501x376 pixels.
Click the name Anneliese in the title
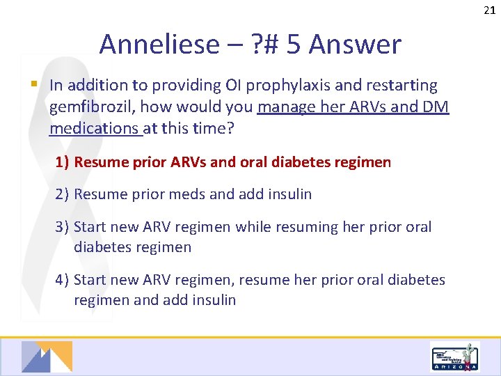pos(159,45)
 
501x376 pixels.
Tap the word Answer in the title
pos(355,45)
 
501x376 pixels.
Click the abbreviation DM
pos(436,107)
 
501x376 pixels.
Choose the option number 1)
pos(63,162)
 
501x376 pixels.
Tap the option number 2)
pos(63,194)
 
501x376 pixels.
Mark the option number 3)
pos(63,227)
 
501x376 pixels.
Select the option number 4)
pos(63,280)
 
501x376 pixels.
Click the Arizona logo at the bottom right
pos(455,357)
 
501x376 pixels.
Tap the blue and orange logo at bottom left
pos(47,357)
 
